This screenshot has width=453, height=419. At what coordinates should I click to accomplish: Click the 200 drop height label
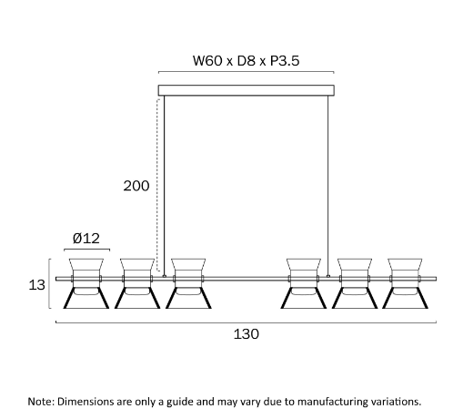(x=136, y=186)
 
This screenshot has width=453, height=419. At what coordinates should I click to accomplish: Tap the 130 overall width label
(x=247, y=334)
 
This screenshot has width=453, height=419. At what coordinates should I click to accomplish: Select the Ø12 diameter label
(x=86, y=239)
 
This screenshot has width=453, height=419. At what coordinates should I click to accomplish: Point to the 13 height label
(x=36, y=285)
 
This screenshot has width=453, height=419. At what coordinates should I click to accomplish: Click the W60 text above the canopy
(x=207, y=60)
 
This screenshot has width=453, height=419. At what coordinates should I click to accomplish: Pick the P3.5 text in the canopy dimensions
(x=285, y=60)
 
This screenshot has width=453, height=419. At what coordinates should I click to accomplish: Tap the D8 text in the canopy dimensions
(x=246, y=60)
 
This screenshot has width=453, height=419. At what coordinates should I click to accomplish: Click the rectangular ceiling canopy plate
(x=247, y=90)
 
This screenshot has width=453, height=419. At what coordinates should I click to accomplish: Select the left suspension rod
(x=165, y=186)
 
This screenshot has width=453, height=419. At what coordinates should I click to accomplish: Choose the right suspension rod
(x=327, y=186)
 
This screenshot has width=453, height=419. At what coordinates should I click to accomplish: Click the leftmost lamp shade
(x=86, y=283)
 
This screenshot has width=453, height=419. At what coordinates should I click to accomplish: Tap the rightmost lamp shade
(x=405, y=283)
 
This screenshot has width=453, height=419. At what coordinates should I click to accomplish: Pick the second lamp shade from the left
(x=137, y=283)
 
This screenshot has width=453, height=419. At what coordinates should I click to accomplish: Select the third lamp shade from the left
(x=188, y=283)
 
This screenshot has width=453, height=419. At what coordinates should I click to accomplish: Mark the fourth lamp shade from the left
(x=304, y=283)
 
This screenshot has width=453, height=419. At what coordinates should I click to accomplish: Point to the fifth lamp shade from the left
(x=355, y=283)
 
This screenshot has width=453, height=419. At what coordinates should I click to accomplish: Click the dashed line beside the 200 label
(x=157, y=185)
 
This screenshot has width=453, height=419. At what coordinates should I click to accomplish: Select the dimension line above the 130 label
(x=246, y=322)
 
